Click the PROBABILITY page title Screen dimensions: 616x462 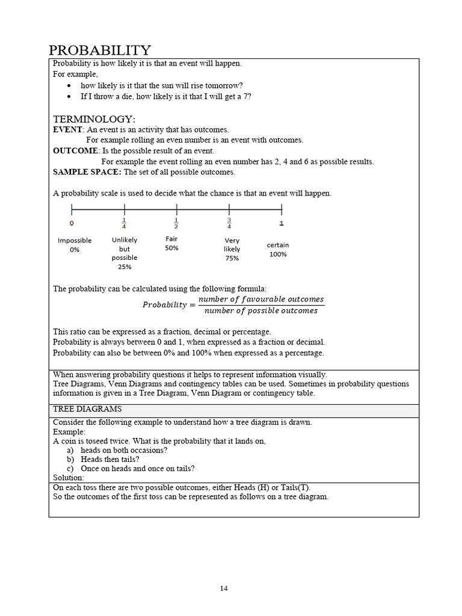(x=99, y=50)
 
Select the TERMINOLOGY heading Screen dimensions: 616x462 (x=94, y=119)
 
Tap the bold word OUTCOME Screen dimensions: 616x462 (x=75, y=151)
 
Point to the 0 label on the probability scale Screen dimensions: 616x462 (x=72, y=224)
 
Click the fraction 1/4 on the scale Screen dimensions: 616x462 (x=124, y=224)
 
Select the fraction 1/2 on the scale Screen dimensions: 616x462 (x=176, y=224)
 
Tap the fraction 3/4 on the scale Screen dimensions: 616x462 (x=229, y=224)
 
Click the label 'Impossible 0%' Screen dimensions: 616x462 (x=75, y=245)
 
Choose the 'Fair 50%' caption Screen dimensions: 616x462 (x=171, y=244)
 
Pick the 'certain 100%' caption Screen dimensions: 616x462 (x=278, y=250)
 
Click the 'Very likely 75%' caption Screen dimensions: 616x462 (x=232, y=249)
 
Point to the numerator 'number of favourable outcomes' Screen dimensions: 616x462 (x=260, y=299)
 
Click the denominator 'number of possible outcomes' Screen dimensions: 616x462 (x=260, y=311)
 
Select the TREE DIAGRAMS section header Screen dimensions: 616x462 (x=83, y=409)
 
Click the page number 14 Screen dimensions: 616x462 (x=224, y=588)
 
